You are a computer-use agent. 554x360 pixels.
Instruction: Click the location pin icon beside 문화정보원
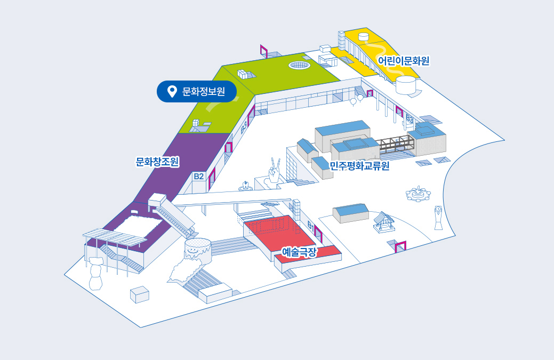pyautogui.click(x=172, y=91)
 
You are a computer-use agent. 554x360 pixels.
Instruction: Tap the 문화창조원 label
pyautogui.click(x=157, y=161)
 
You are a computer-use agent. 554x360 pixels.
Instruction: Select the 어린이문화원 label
pyautogui.click(x=404, y=60)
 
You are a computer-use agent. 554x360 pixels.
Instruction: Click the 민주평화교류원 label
pyautogui.click(x=359, y=166)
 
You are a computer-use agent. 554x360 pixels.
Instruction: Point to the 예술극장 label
pyautogui.click(x=299, y=251)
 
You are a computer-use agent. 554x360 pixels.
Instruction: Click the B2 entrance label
pyautogui.click(x=199, y=175)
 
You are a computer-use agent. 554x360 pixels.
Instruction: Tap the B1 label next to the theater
pyautogui.click(x=311, y=226)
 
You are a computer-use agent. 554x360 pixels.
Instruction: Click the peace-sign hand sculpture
pyautogui.click(x=274, y=170)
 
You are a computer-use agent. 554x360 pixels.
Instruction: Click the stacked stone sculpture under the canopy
pyautogui.click(x=96, y=273)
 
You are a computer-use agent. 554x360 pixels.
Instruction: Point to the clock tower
pyautogui.click(x=438, y=217)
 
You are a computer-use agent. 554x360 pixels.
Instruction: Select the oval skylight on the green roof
pyautogui.click(x=300, y=65)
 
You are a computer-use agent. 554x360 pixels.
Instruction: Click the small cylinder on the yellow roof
pyautogui.click(x=364, y=37)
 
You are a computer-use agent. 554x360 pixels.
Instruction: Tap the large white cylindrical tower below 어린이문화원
pyautogui.click(x=406, y=84)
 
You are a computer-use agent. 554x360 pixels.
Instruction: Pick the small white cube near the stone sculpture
pyautogui.click(x=140, y=294)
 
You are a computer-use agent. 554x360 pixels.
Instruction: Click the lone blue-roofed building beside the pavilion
pyautogui.click(x=350, y=212)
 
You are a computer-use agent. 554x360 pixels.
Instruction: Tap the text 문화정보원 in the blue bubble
pyautogui.click(x=203, y=92)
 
